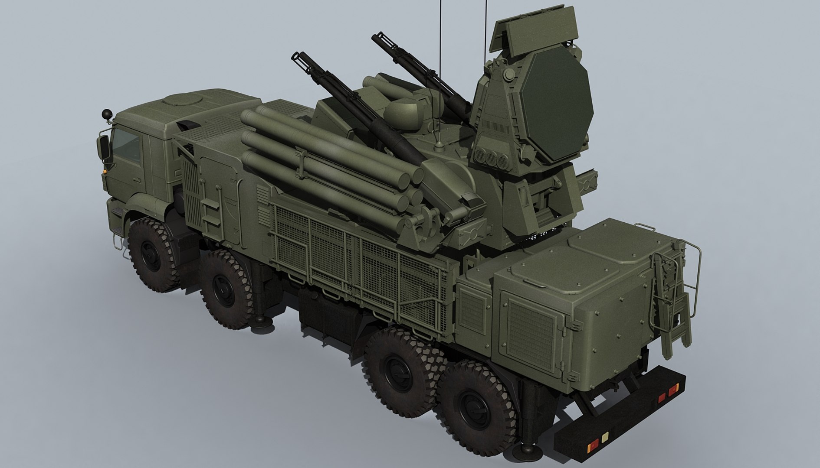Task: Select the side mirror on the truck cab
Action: click(x=105, y=147)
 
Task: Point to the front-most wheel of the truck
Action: click(x=153, y=254)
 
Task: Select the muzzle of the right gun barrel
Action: click(x=378, y=38)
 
